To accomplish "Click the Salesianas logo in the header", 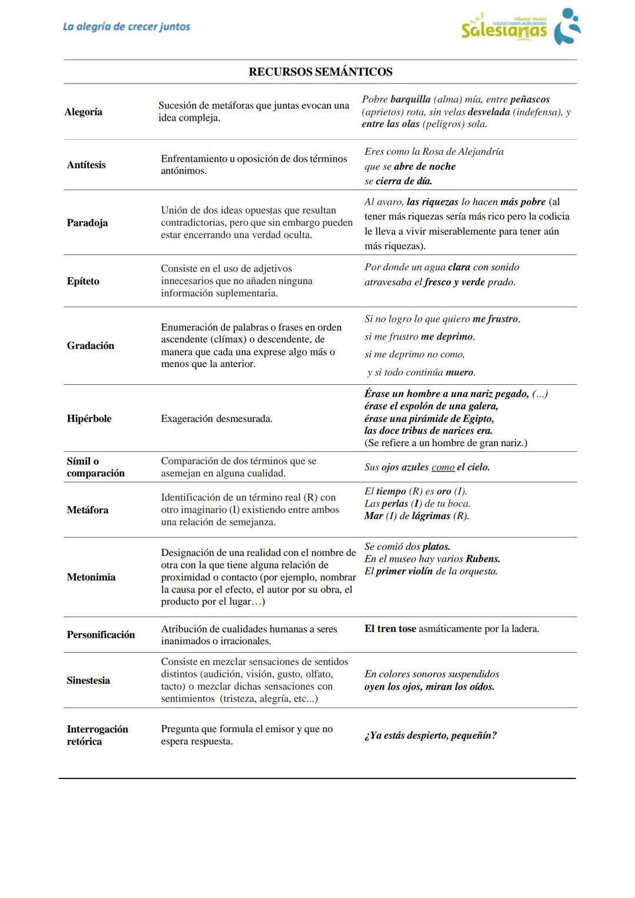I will [520, 27].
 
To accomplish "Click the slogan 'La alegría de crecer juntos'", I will [126, 26].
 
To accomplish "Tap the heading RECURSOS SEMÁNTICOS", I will [320, 72].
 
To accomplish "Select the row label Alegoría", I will [83, 112].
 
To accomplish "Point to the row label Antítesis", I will [86, 165].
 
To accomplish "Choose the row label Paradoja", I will [87, 222].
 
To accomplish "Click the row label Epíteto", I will [83, 281].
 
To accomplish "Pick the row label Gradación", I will [91, 345].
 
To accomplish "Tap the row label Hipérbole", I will [89, 418].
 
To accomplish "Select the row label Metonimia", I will [91, 577].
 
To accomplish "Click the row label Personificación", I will [101, 634].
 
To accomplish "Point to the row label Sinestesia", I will [88, 680].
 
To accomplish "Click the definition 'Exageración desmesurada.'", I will [216, 418].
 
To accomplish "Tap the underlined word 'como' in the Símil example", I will [443, 467].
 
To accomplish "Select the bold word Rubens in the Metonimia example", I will [483, 559].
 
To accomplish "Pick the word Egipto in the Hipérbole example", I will [477, 418].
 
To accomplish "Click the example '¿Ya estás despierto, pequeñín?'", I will [430, 735].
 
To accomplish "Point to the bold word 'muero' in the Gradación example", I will [460, 372].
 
